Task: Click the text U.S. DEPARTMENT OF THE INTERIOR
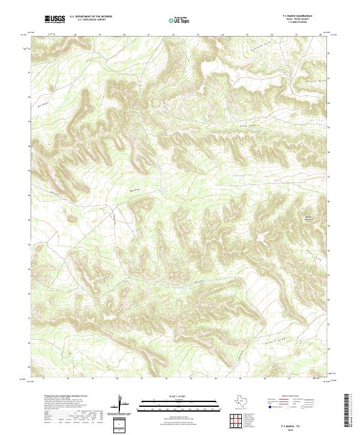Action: click(90, 16)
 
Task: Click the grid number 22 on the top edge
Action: click(173, 35)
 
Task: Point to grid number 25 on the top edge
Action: click(247, 35)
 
